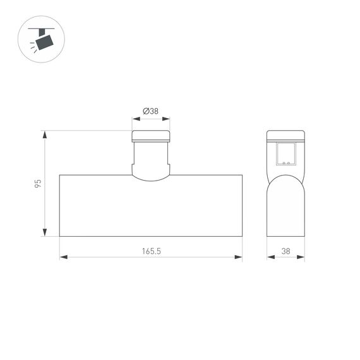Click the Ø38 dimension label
tap(151, 111)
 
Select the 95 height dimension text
tap(38, 184)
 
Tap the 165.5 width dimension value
tap(151, 251)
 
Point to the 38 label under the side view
tap(285, 251)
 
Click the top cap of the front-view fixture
tap(151, 136)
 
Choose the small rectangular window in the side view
tap(285, 153)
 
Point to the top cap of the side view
tap(285, 135)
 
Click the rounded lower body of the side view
tap(285, 208)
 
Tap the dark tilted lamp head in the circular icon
tap(45, 42)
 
